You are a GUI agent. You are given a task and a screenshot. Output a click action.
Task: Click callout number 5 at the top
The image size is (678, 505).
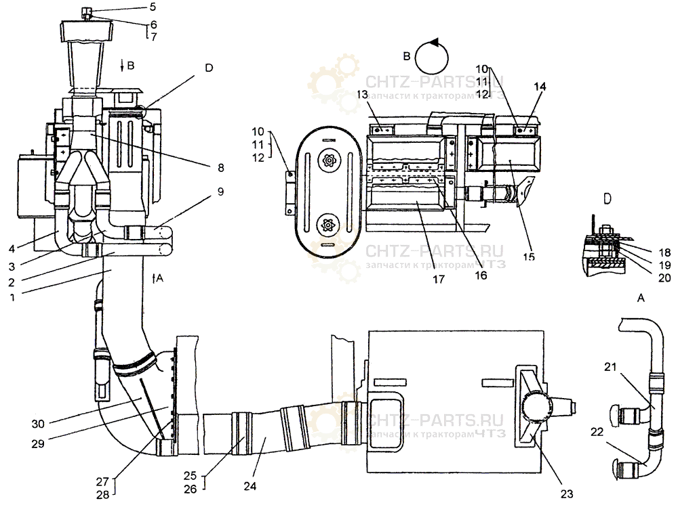point(153,7)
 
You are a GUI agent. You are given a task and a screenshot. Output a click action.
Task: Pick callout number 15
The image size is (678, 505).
point(528,256)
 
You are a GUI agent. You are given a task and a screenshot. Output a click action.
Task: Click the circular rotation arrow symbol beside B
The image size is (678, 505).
point(432,56)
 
